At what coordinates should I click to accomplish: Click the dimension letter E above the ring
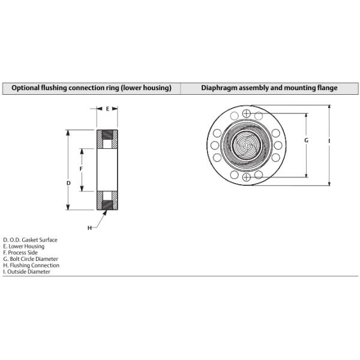tap(107, 109)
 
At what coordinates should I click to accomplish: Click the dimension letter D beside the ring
tap(68, 183)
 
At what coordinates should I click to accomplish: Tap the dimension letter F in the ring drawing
tap(81, 169)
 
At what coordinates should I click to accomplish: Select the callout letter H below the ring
tap(89, 228)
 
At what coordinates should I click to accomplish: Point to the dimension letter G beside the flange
tap(306, 140)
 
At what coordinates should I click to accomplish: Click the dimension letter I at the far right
tap(329, 141)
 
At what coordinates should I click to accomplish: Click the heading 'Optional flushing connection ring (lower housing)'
tap(91, 88)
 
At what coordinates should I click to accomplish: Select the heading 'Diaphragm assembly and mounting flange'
tap(269, 88)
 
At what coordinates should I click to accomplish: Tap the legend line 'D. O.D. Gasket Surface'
tap(31, 240)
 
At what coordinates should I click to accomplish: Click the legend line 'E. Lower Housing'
tap(23, 247)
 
